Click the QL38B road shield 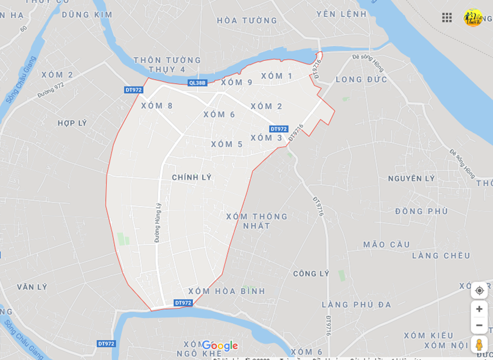click(x=197, y=83)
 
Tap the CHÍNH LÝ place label click(x=192, y=177)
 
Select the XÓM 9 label click(x=237, y=82)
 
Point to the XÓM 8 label click(x=157, y=106)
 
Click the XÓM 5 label click(x=227, y=144)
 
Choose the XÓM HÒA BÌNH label click(x=227, y=291)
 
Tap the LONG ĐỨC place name click(x=362, y=79)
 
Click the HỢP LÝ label click(x=72, y=123)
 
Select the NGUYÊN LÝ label click(x=411, y=178)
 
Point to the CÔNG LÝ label click(x=311, y=274)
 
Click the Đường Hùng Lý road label click(x=158, y=222)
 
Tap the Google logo click(x=220, y=346)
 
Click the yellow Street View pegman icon click(x=479, y=345)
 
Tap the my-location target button click(x=479, y=291)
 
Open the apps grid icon click(x=447, y=18)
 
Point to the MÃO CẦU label click(x=387, y=244)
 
